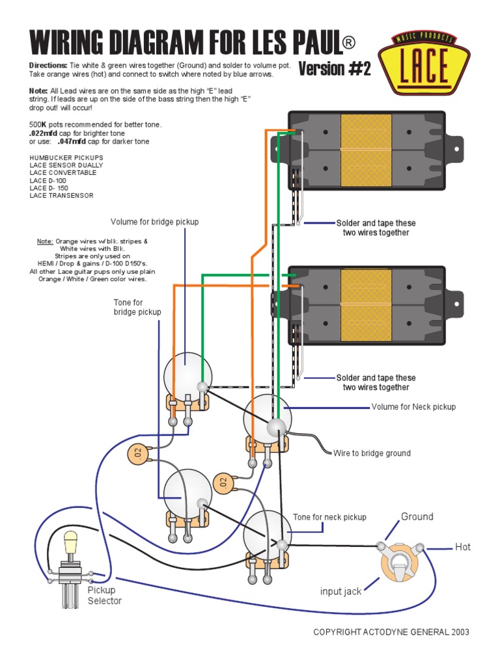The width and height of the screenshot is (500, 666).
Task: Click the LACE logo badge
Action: point(426,62)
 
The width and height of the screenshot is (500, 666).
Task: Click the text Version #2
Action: point(335,69)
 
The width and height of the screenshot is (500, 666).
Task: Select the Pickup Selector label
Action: point(104,595)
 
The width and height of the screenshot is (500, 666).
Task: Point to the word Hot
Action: point(462,548)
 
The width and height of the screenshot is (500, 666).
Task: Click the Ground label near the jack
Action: point(417,517)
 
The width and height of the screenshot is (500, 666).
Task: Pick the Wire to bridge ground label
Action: point(372,453)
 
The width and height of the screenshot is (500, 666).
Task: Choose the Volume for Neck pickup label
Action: point(413,407)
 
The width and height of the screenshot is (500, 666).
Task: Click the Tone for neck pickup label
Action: point(329,517)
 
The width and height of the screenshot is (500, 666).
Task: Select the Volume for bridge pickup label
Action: point(154,222)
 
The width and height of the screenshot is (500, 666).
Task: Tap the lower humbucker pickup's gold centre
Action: point(366,304)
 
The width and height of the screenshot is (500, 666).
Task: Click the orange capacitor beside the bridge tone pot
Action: point(136,453)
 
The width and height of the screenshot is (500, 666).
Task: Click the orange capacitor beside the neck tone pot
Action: point(223,483)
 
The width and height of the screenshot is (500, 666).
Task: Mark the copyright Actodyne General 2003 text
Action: point(391,632)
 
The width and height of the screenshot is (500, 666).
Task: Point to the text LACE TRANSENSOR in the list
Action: point(61,195)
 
